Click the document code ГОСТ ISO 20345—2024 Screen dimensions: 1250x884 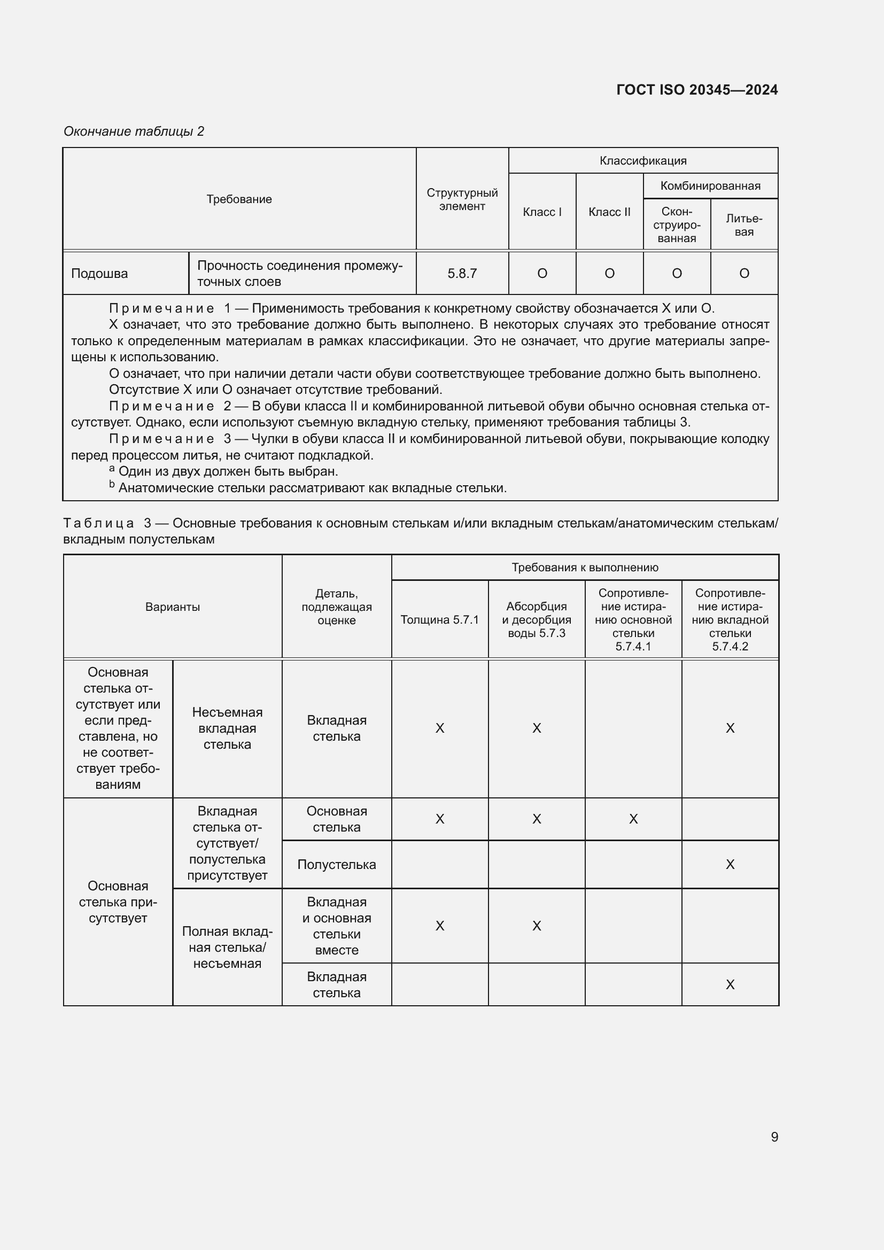coord(696,90)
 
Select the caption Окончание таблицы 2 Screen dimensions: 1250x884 coord(134,131)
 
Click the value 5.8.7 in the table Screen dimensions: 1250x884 coord(462,273)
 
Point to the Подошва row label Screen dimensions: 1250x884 coord(99,273)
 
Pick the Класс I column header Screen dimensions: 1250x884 coord(541,212)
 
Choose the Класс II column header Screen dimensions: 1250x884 coord(609,212)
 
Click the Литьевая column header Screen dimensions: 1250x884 coord(743,225)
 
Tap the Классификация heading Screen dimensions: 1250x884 coord(643,161)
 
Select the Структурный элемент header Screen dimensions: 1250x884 coord(462,199)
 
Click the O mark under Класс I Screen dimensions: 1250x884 coord(541,273)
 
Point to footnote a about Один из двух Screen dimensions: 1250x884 coord(228,471)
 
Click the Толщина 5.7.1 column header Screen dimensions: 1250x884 coord(439,619)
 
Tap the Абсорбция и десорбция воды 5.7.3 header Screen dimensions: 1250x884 coord(536,619)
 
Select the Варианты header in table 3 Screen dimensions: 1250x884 coord(172,607)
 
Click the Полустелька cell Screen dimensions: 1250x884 coord(336,865)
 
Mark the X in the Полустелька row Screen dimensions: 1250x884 coord(730,865)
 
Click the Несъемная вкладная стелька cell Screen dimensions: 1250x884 coord(227,728)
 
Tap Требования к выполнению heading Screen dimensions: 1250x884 coord(585,568)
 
